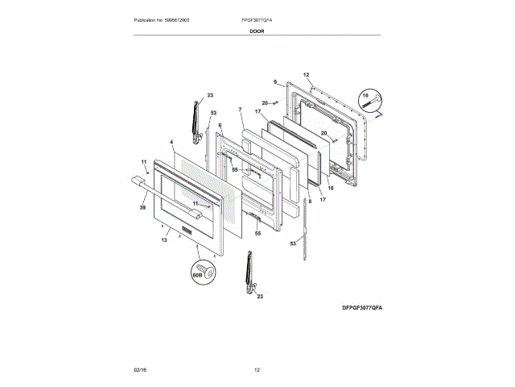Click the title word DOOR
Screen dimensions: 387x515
point(257,31)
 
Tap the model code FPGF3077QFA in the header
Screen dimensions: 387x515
point(257,19)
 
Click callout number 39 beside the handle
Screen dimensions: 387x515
point(142,208)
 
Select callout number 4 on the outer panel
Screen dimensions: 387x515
point(171,142)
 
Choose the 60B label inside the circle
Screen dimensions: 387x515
point(196,275)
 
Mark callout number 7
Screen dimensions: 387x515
point(240,109)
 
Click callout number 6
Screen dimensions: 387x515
point(220,125)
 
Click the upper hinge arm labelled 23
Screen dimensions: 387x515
point(195,117)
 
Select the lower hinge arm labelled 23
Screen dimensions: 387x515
point(249,272)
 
